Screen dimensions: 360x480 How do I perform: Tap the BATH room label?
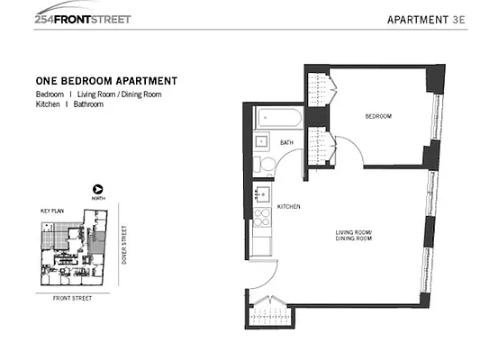287,143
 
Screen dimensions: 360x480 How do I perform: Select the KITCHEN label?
288,206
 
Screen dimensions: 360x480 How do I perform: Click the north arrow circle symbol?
98,190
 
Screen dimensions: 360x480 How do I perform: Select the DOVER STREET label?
123,242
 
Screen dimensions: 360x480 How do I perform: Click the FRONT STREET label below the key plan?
70,299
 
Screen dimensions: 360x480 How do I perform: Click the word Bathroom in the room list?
88,104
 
